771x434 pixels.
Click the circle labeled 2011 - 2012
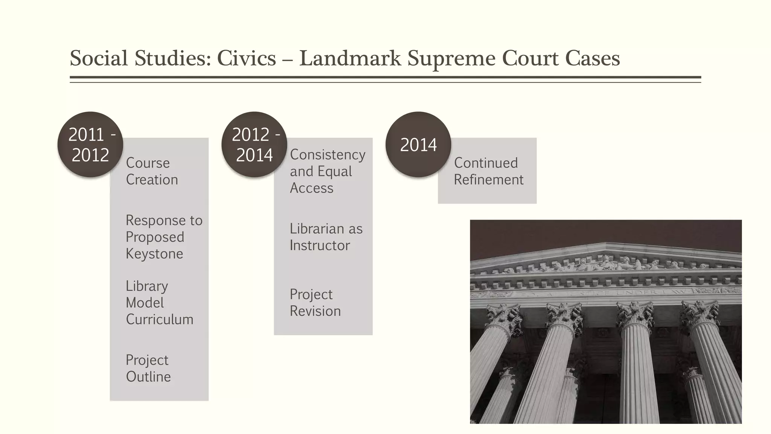(90, 145)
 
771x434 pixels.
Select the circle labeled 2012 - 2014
(254, 145)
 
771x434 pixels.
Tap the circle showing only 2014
(418, 145)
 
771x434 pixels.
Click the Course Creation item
(152, 171)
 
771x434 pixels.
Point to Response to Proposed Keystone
(164, 237)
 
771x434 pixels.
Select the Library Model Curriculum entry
(159, 303)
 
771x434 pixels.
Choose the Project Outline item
(148, 368)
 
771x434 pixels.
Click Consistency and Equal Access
(327, 171)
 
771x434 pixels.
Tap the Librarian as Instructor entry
(326, 237)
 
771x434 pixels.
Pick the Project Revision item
(315, 303)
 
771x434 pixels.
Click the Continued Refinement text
(488, 171)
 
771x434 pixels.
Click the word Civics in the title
(246, 58)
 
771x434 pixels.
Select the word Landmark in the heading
(350, 58)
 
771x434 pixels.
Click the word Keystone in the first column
(154, 254)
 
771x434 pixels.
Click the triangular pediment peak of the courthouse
(605, 245)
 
